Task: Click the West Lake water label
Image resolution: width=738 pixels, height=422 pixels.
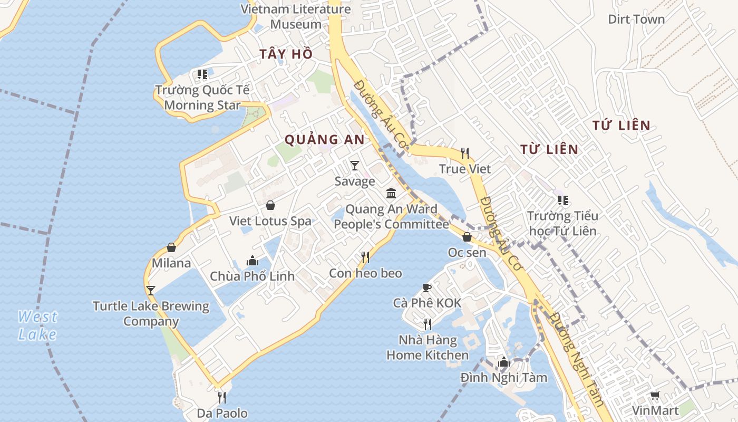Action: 37,325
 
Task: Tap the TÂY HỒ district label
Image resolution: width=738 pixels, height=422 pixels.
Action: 286,54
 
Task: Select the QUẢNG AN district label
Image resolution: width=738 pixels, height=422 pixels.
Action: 324,139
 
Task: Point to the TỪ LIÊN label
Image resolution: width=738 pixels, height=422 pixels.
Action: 549,149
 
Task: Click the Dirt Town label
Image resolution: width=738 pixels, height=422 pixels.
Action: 636,20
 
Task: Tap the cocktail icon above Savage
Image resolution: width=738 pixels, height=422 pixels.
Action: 355,166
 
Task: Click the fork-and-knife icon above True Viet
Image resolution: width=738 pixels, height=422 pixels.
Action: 464,154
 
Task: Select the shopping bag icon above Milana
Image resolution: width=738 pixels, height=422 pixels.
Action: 171,247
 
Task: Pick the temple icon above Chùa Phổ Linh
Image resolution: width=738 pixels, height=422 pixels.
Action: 253,261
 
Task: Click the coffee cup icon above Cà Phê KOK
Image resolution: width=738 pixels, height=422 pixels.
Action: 427,287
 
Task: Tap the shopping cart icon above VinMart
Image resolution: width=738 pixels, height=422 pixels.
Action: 655,395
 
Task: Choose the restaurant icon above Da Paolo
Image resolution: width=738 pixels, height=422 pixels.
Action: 222,397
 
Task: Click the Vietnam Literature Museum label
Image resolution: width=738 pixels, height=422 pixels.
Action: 296,16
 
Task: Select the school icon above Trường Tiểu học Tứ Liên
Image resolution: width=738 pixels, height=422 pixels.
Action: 563,200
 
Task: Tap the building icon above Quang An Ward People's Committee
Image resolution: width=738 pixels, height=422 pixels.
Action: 391,194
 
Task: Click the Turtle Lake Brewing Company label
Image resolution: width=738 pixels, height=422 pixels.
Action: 151,313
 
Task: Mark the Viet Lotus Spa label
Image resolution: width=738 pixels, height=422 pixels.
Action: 270,221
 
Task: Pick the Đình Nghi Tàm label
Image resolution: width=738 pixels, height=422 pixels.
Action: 503,378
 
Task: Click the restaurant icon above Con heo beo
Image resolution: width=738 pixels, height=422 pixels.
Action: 365,257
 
